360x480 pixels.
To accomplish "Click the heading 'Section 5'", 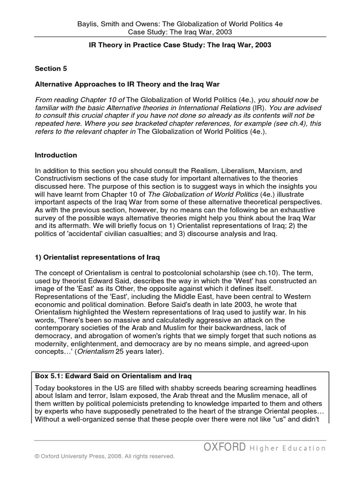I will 51,68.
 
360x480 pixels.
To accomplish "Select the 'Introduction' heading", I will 56,155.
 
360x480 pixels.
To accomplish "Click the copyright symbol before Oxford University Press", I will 38,456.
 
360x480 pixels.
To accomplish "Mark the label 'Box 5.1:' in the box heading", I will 50,376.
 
